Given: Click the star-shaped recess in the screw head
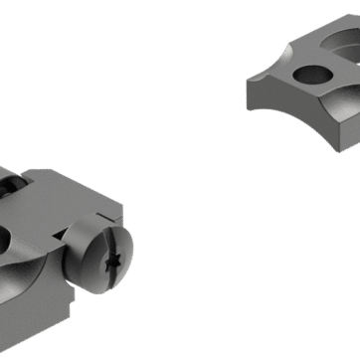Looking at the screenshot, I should tap(111, 263).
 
